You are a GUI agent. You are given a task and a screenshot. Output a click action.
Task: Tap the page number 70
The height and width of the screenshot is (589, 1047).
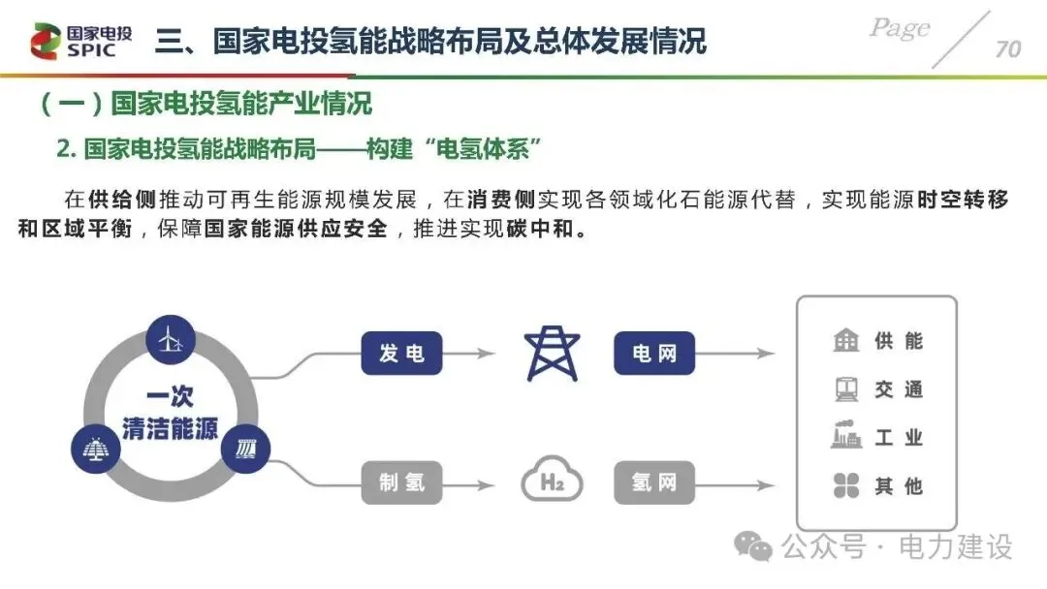(1007, 48)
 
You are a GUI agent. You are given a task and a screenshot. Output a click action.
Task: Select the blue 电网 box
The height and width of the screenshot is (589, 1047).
(654, 354)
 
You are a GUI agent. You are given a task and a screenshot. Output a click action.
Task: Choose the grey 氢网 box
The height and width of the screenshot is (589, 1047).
(654, 481)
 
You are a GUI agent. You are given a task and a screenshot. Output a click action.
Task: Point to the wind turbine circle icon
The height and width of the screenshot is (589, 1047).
(171, 339)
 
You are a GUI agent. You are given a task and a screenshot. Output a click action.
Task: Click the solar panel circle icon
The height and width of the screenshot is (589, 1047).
(96, 449)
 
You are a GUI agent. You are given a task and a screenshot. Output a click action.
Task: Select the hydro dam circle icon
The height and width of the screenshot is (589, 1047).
(245, 449)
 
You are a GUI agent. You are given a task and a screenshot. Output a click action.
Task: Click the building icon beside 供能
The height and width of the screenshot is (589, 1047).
(846, 341)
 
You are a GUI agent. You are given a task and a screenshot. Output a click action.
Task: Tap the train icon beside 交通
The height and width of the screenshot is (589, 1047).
(846, 389)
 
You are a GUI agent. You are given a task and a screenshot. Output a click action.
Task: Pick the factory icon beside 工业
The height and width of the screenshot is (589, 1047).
(846, 437)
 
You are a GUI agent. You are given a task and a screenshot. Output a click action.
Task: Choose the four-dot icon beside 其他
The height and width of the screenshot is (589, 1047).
(846, 485)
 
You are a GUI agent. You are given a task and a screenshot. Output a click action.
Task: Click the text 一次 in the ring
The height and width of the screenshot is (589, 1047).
(171, 397)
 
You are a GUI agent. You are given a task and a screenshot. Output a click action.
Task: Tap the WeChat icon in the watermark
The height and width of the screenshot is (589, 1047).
(753, 547)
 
